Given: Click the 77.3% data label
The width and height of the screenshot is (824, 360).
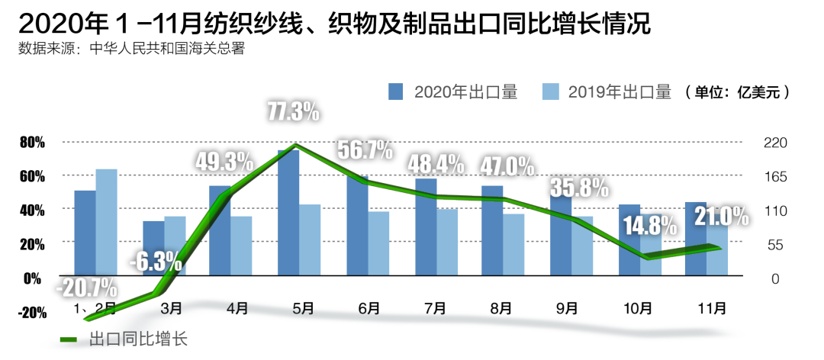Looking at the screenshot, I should [294, 112].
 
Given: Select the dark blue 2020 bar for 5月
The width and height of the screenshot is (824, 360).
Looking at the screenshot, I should [288, 214].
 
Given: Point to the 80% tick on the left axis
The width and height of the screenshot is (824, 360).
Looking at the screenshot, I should [32, 143].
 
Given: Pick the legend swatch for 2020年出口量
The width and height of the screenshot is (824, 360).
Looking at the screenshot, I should [395, 92].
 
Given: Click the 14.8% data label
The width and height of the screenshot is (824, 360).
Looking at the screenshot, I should [650, 226].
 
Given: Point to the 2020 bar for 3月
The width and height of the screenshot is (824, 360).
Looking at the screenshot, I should [153, 249].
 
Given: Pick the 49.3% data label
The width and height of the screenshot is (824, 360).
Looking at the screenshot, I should [224, 162].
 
